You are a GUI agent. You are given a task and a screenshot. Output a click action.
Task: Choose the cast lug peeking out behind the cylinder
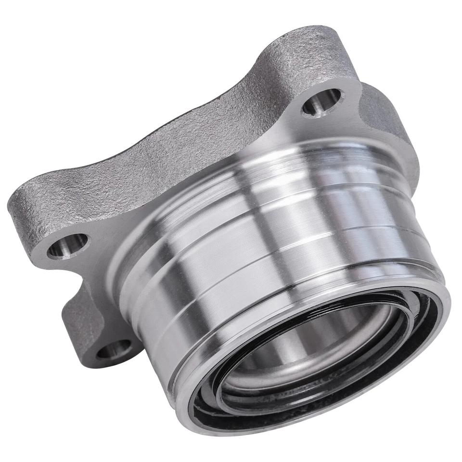tap(385, 115)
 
